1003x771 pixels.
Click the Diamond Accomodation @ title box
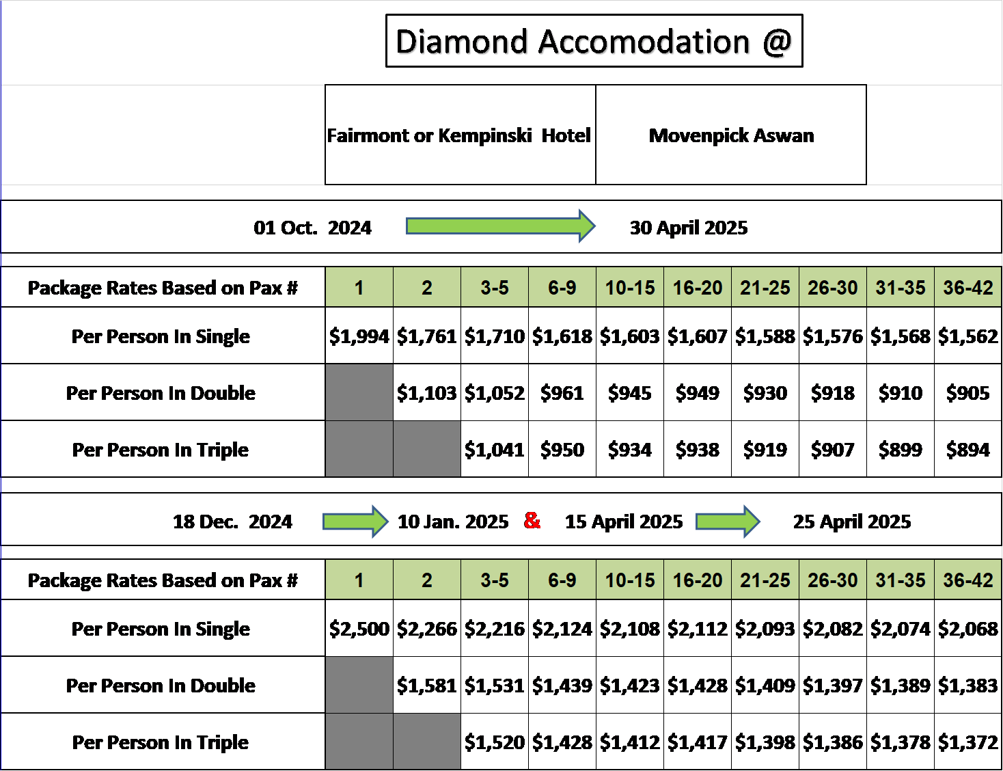594,40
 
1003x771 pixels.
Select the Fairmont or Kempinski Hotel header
459,135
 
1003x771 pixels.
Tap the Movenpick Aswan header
731,135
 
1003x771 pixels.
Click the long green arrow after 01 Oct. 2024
501,226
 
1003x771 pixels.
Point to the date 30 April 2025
689,228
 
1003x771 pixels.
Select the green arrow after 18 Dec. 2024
355,522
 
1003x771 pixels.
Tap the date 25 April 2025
852,522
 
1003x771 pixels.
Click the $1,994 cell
359,336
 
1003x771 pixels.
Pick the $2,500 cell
359,628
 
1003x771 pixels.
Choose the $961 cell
562,392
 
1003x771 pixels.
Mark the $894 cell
968,449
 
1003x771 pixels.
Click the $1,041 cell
495,449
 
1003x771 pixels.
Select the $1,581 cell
427,685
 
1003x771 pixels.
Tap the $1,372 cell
968,742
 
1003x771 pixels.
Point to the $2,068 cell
968,628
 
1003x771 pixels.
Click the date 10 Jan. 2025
453,522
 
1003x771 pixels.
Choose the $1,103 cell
427,392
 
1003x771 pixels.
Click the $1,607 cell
698,336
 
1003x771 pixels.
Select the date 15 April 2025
624,522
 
